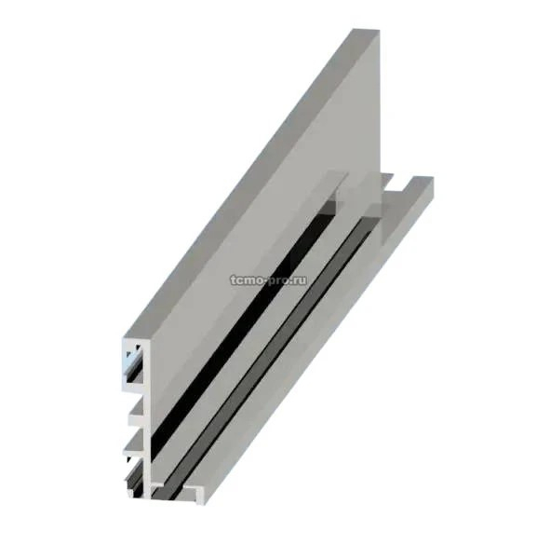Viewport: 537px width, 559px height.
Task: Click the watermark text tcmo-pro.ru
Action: click(268, 280)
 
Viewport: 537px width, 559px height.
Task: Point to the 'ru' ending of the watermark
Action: click(300, 281)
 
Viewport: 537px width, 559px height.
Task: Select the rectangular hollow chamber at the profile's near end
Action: click(136, 362)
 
